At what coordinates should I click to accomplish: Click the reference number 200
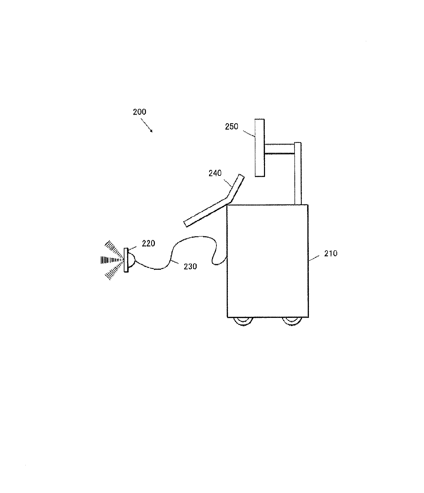140,112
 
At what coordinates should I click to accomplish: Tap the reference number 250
231,126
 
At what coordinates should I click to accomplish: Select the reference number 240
215,173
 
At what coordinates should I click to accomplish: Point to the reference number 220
148,243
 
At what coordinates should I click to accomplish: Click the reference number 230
190,266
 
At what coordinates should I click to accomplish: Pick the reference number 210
331,253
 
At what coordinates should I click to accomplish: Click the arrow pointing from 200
148,127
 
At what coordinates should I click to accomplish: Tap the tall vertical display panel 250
260,147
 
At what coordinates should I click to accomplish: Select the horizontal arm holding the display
279,149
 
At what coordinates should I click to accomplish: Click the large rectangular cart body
267,261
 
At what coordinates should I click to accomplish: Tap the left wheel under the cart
243,321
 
